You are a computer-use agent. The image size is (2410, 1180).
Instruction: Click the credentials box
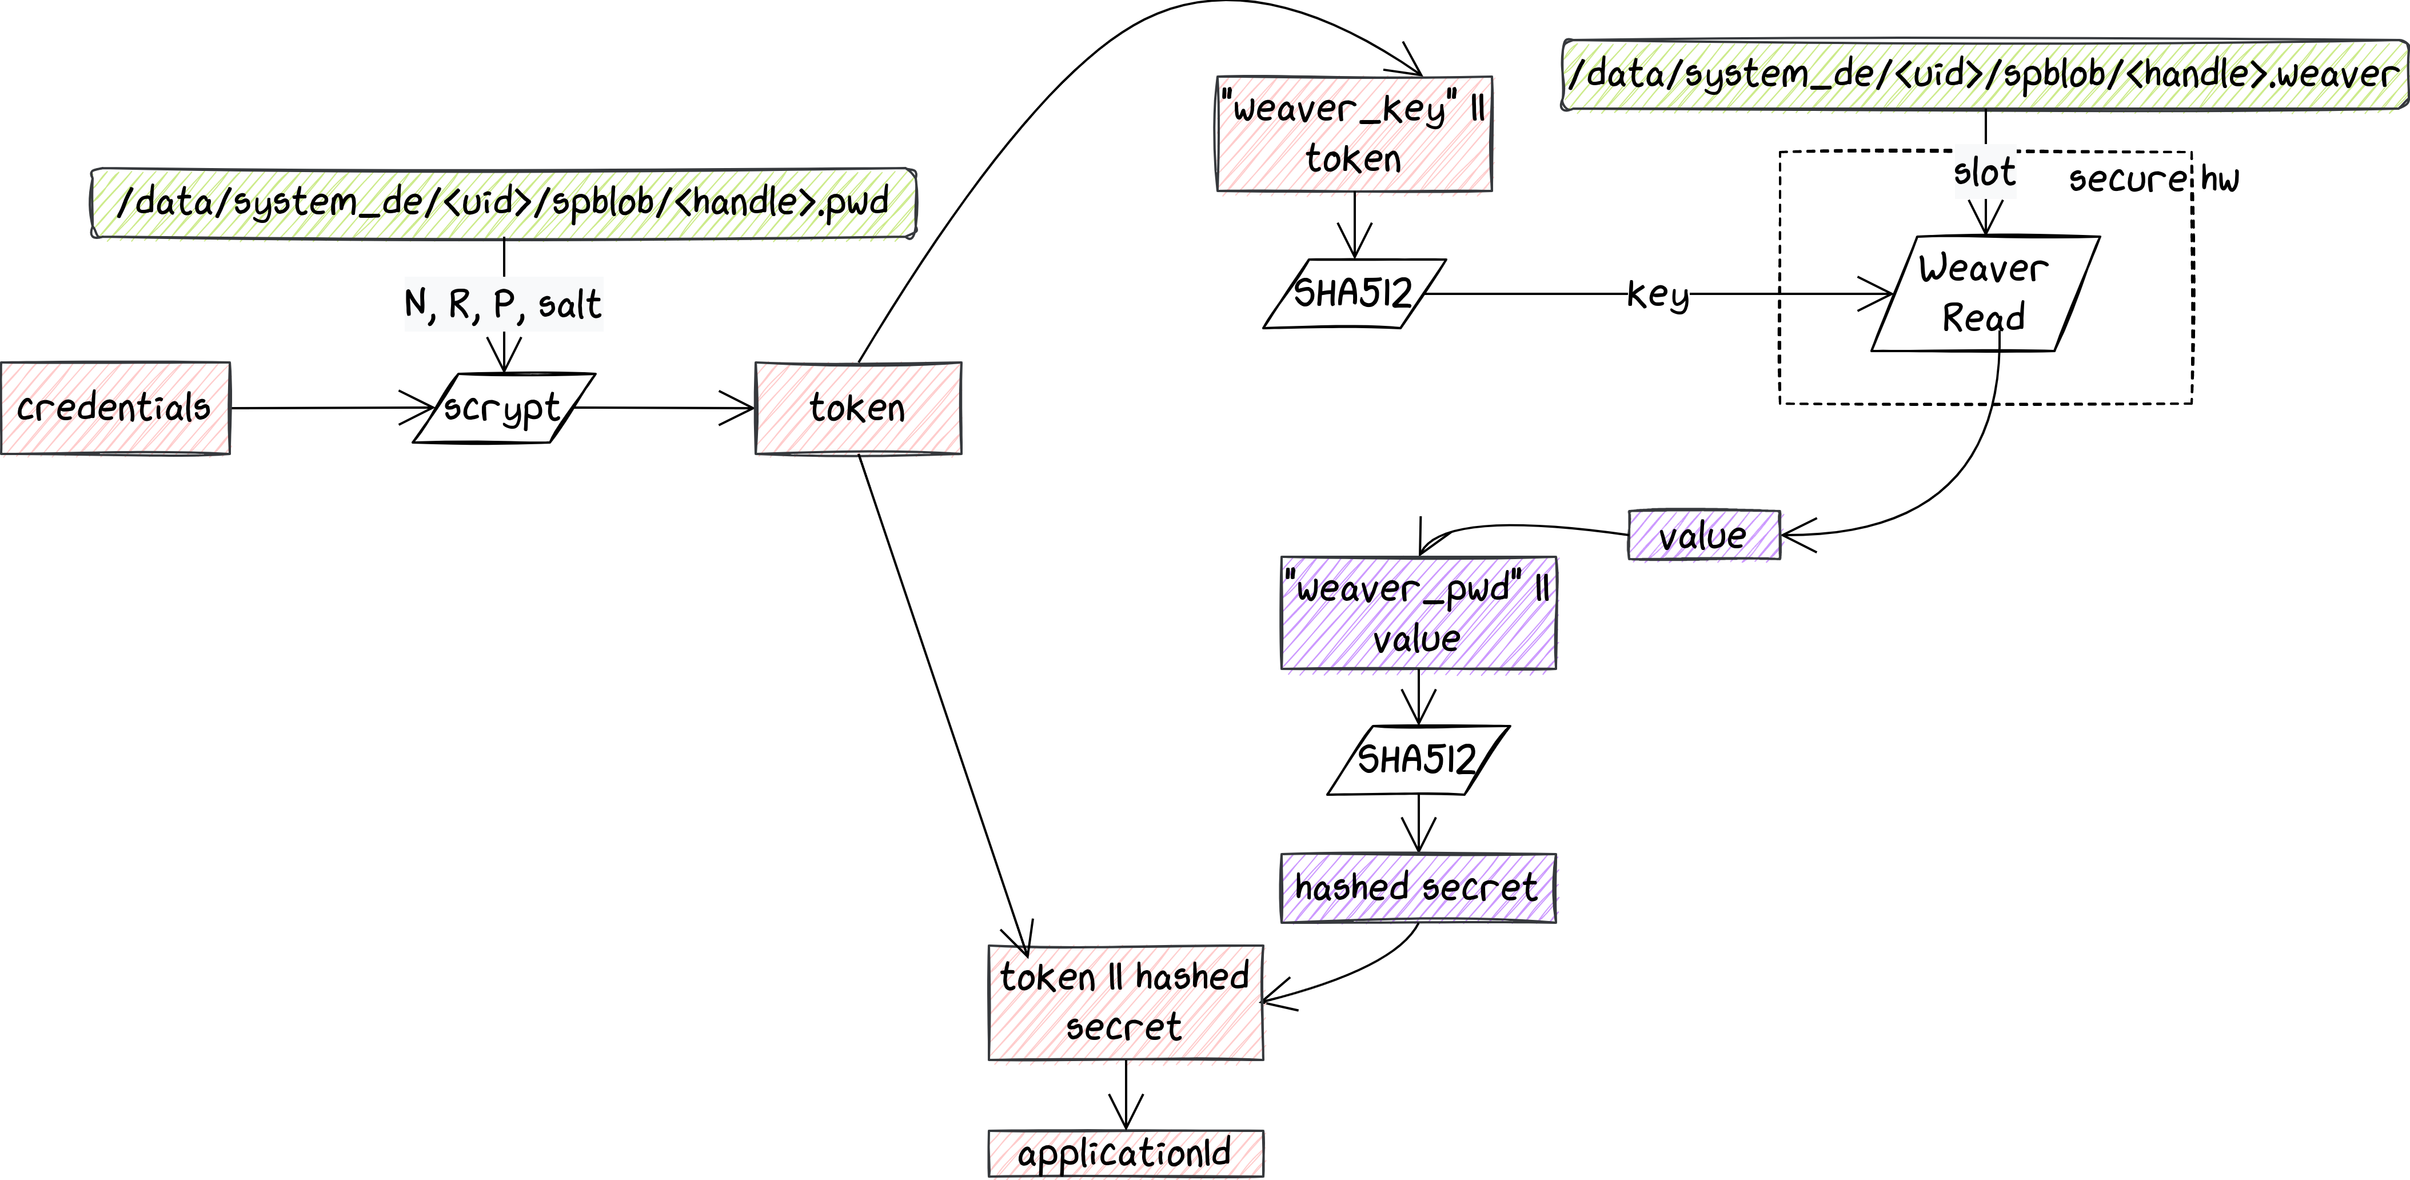(x=115, y=408)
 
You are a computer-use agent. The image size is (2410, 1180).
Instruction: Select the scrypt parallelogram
(x=504, y=408)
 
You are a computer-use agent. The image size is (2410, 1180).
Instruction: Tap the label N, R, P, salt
(x=504, y=304)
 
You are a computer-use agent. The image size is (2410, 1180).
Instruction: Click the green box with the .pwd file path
(x=504, y=203)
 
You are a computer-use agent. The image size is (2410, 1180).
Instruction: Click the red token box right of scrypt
(x=858, y=408)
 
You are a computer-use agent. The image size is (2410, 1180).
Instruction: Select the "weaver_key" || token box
(x=1354, y=134)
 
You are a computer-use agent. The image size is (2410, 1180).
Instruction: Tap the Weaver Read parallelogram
(x=1984, y=293)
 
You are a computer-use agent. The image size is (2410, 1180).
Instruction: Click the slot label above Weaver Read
(x=1984, y=173)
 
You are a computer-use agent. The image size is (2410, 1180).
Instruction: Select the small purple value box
(x=1703, y=535)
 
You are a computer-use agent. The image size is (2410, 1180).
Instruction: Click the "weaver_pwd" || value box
(x=1418, y=613)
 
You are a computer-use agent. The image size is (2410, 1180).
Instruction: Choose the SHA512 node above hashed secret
(x=1418, y=759)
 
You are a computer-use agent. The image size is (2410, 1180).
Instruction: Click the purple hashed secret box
(x=1418, y=887)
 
